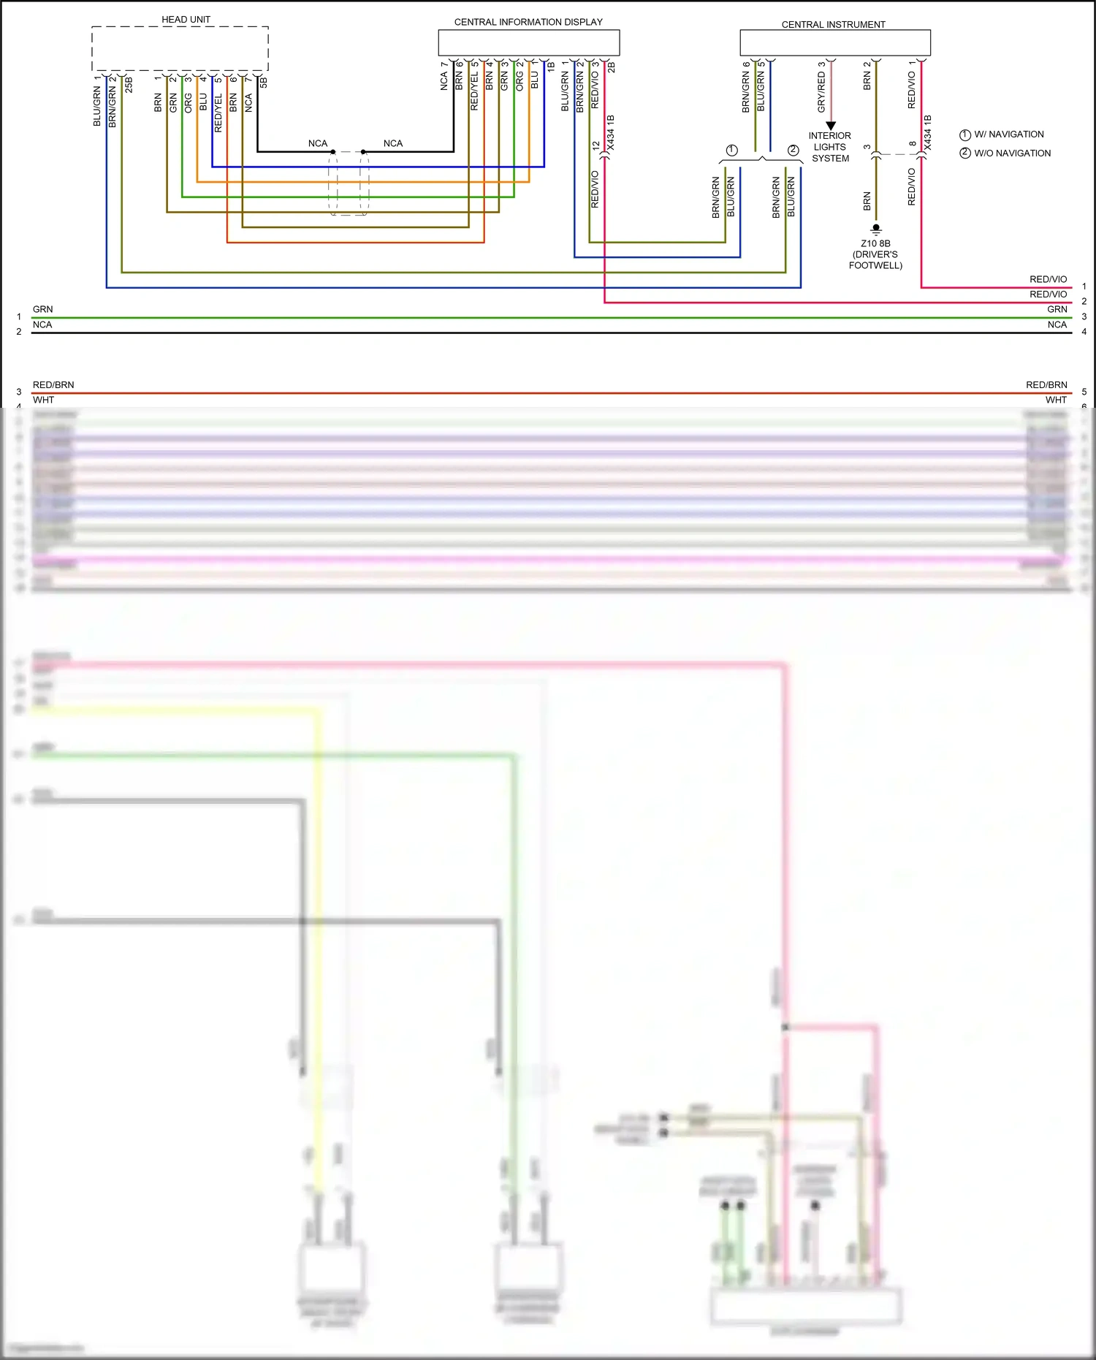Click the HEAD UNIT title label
(186, 20)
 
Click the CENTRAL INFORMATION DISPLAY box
(528, 42)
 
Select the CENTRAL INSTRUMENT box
(834, 42)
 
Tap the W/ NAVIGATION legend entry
(1008, 134)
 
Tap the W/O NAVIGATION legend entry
(1012, 153)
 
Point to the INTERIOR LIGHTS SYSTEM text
(830, 147)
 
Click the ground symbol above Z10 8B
(876, 229)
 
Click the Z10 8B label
(875, 243)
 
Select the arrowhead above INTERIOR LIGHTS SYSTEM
(831, 126)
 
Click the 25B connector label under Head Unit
(129, 84)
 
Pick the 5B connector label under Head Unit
(264, 83)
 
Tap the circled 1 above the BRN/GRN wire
(731, 151)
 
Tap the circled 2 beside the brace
(793, 151)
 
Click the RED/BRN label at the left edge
(53, 385)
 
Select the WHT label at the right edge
(1056, 400)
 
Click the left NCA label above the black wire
(318, 143)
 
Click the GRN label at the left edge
(43, 309)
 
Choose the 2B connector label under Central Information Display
(612, 67)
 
